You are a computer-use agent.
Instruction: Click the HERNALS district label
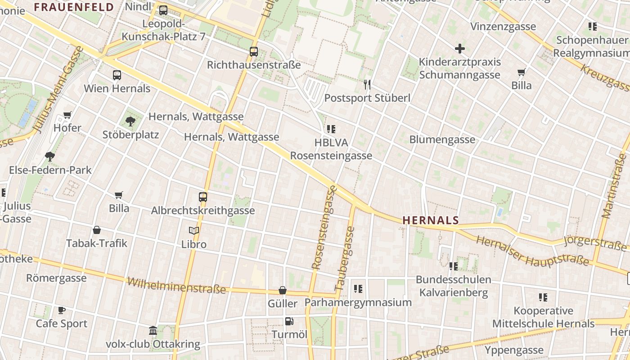pos(431,220)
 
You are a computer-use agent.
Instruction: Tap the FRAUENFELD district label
pos(74,7)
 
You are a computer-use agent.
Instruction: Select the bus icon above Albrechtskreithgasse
pos(203,197)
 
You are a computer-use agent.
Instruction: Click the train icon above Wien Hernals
pos(117,75)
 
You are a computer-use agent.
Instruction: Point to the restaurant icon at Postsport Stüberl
pos(367,85)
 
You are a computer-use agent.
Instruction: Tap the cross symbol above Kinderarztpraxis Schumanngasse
pos(459,49)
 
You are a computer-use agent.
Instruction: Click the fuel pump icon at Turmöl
pos(289,321)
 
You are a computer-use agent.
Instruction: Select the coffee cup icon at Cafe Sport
pos(62,310)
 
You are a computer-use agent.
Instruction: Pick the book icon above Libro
pos(194,231)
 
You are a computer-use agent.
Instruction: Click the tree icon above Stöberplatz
pos(130,121)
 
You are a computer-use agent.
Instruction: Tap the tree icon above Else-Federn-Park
pos(50,157)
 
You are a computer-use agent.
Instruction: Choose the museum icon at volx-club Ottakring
pos(153,331)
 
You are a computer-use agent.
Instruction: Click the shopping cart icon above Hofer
pos(67,115)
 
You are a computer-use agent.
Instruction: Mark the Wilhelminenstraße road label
pos(176,285)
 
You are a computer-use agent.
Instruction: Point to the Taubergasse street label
pos(345,258)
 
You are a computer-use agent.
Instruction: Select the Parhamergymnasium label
pos(358,302)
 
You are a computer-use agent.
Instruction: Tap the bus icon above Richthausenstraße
pos(254,52)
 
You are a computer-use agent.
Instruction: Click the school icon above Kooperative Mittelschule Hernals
pos(543,297)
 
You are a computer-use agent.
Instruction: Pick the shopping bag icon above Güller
pos(283,290)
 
